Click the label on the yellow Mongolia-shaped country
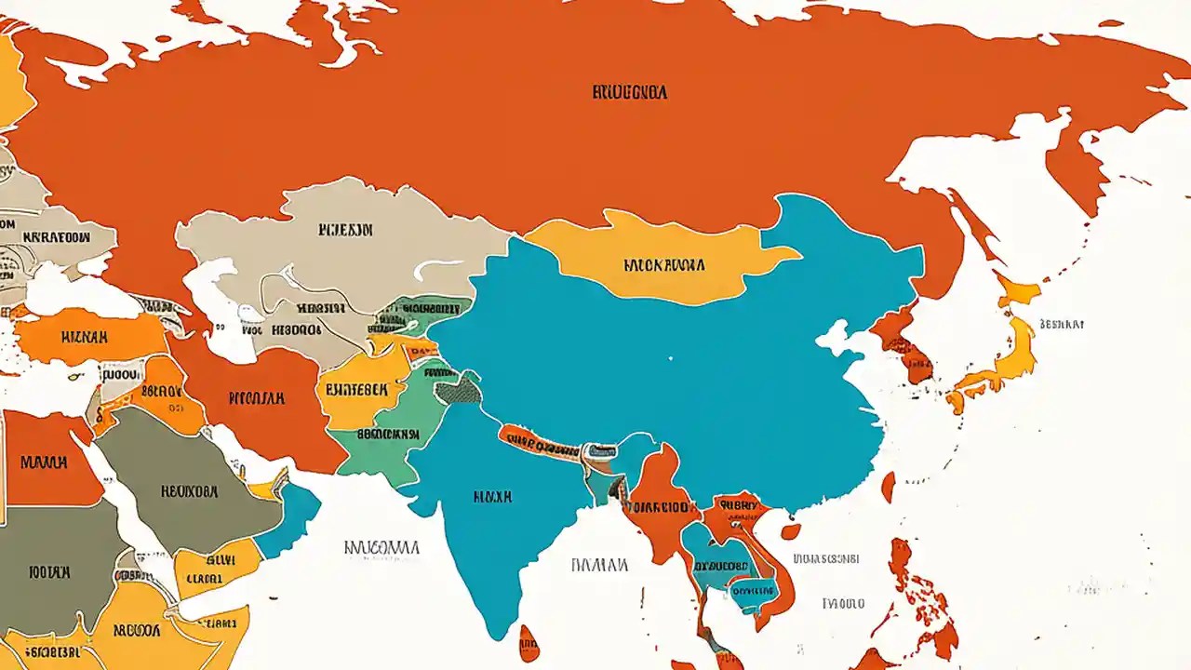[x=664, y=265]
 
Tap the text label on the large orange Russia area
[x=630, y=93]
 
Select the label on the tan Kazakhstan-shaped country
[x=345, y=229]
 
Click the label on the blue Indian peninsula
[x=493, y=497]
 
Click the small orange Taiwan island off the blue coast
[x=888, y=486]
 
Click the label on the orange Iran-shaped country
[x=256, y=398]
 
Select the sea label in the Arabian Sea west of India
[x=381, y=547]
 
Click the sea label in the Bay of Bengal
[x=599, y=564]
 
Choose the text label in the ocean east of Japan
[x=1062, y=325]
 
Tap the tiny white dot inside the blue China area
[x=670, y=356]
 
